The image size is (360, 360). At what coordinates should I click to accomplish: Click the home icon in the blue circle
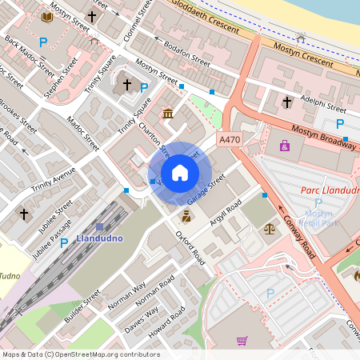(179, 172)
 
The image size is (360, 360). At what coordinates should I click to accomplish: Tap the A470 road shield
(230, 140)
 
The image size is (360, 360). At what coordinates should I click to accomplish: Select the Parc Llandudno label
(330, 190)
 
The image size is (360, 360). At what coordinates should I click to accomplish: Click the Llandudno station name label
(97, 239)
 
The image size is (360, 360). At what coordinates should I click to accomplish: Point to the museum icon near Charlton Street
(169, 114)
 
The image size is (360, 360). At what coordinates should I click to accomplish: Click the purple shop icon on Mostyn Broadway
(286, 145)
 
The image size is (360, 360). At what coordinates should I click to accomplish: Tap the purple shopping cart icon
(242, 341)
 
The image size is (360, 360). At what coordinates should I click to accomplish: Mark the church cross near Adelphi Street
(287, 102)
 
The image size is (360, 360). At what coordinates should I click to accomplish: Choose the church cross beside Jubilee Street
(24, 214)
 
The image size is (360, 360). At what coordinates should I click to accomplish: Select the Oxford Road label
(190, 247)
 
